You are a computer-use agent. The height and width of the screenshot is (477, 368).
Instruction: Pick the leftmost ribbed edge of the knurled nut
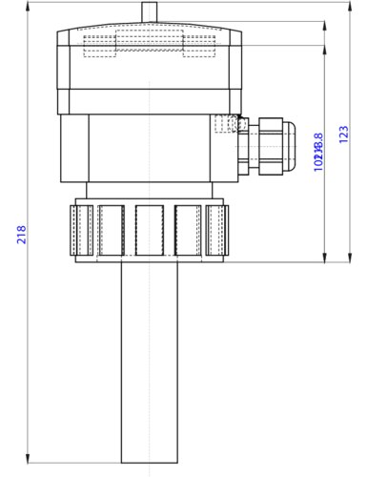point(77,232)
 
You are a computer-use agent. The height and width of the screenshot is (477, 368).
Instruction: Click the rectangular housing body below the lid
point(148,148)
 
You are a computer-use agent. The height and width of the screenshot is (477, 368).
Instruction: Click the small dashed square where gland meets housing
point(225,124)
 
